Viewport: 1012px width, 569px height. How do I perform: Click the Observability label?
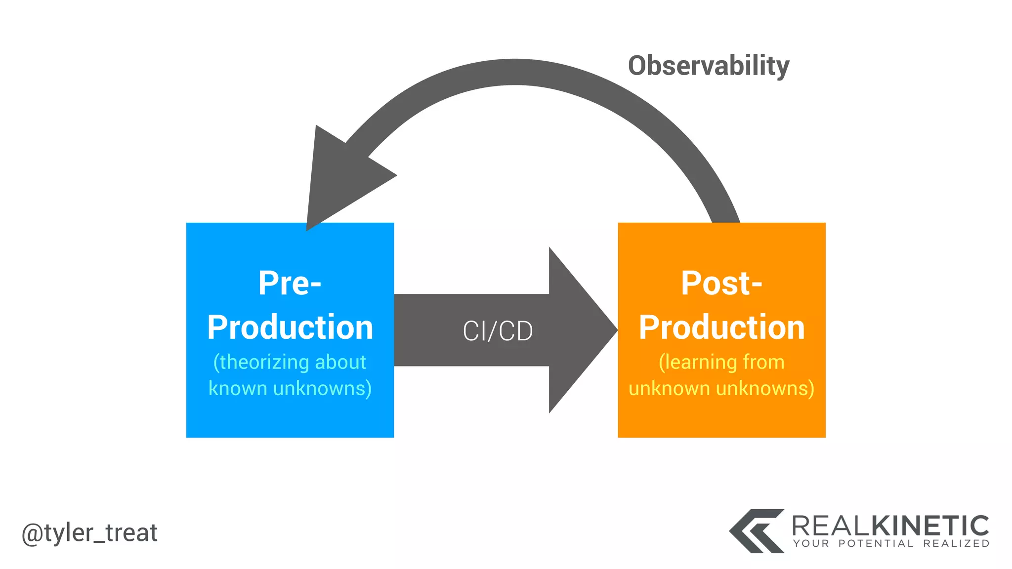tap(708, 66)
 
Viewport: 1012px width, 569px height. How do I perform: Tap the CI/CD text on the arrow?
tap(498, 331)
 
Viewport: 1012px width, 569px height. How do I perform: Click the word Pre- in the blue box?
tap(290, 284)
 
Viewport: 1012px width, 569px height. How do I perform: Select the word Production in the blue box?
tap(290, 327)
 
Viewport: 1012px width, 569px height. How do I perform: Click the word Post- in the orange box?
tap(721, 284)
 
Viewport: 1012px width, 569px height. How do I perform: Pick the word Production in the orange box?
tap(721, 327)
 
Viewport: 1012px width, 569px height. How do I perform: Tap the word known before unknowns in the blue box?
tap(238, 389)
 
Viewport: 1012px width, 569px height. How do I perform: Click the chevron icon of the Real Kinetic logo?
tap(756, 531)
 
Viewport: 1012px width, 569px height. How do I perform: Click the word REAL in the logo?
tap(831, 526)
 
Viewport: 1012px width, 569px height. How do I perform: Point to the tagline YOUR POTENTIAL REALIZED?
tap(891, 544)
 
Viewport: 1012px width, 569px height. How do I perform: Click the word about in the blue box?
tap(340, 363)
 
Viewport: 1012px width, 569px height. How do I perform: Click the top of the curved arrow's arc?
tap(514, 72)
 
